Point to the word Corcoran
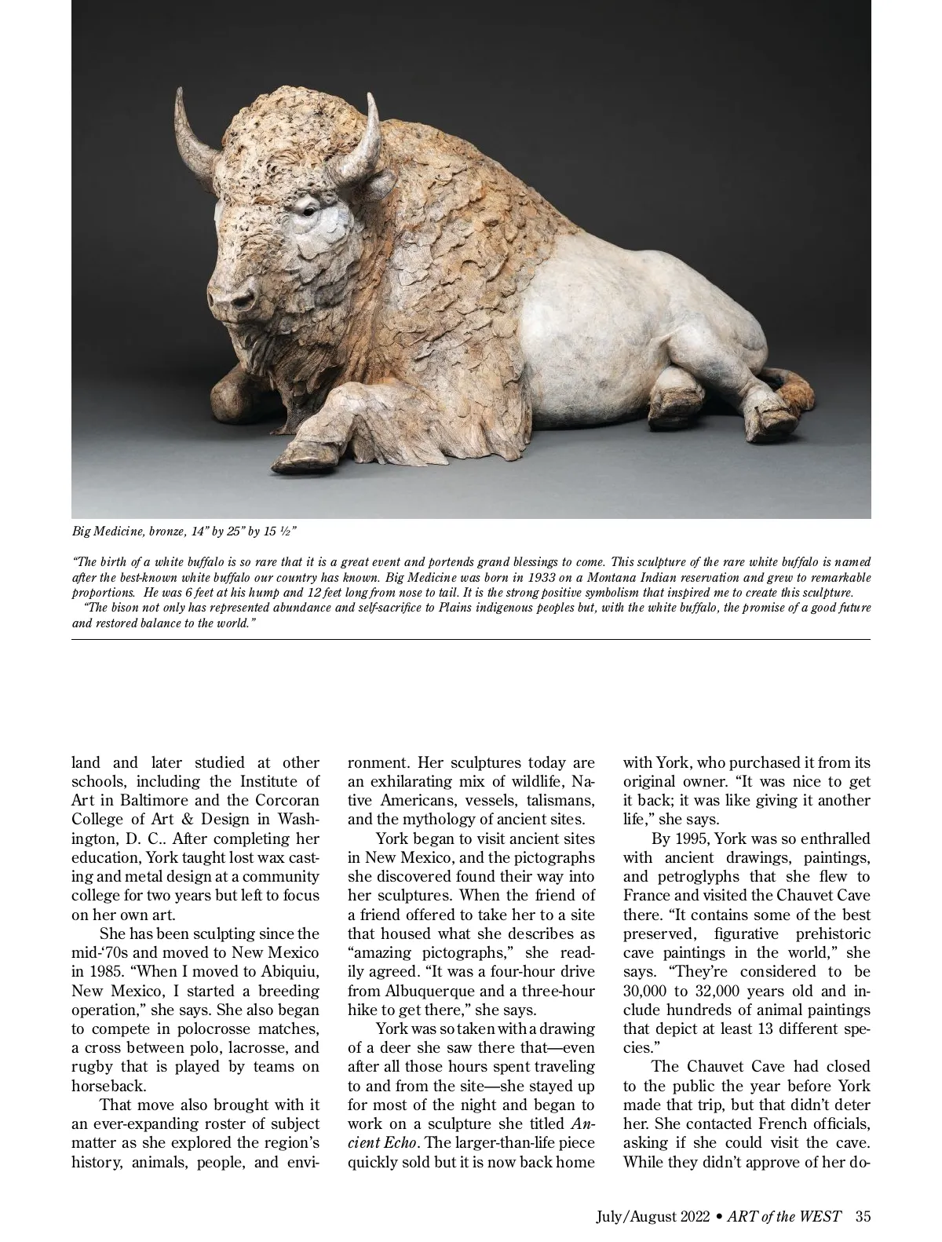[287, 800]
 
